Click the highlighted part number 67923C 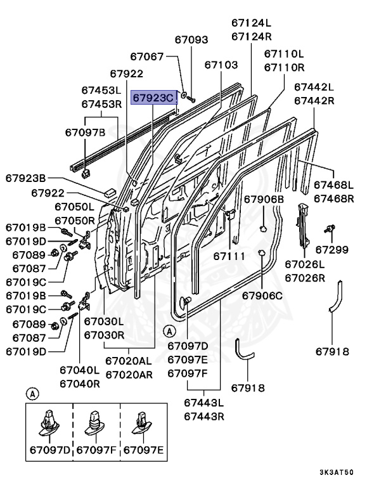(x=153, y=98)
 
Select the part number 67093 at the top (x=191, y=39)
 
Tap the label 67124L (x=252, y=23)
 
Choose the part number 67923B (x=27, y=178)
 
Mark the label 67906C (x=262, y=295)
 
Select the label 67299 (x=332, y=249)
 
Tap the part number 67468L (x=334, y=185)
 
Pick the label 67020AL (x=129, y=361)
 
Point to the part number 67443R (x=205, y=416)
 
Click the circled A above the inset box (x=32, y=394)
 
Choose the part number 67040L (x=80, y=370)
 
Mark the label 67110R (x=284, y=67)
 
